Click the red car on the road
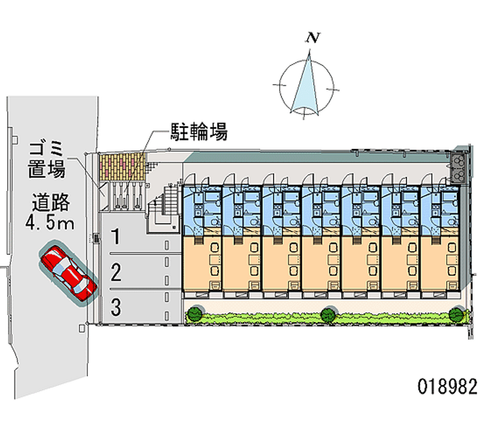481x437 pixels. point(68,272)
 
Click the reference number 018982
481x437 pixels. point(447,385)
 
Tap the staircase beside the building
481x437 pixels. point(164,208)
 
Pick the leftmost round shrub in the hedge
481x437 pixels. point(194,313)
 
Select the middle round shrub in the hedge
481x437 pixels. point(328,313)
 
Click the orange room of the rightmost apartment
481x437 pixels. point(440,262)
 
